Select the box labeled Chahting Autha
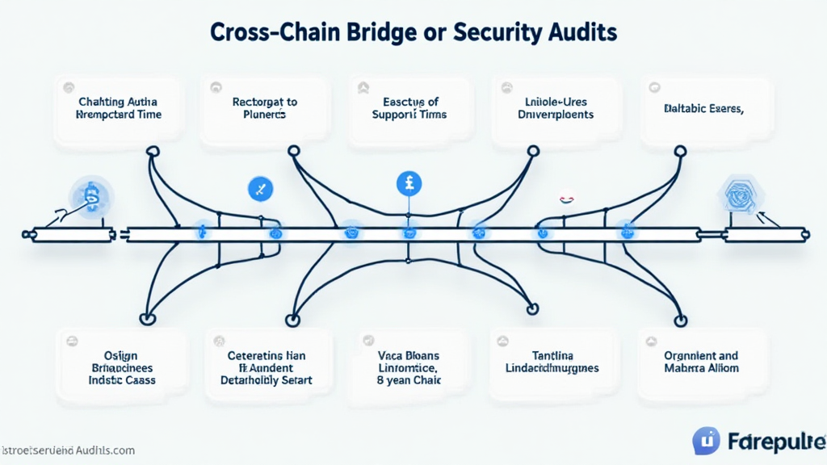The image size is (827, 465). point(118,109)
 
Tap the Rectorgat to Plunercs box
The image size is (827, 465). point(265,109)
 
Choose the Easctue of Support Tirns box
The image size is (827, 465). point(411,109)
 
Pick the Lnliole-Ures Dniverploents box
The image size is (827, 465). point(556,109)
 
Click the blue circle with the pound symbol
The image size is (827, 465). point(409,183)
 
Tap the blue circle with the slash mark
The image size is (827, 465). point(260,190)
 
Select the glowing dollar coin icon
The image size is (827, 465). point(92,196)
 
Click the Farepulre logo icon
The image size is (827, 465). point(705,441)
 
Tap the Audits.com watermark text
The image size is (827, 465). point(68,450)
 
